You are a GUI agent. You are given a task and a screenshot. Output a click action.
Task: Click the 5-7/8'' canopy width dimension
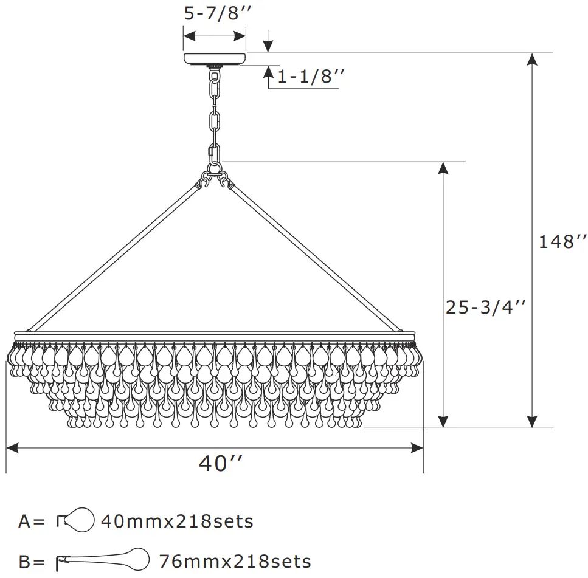[x=217, y=13]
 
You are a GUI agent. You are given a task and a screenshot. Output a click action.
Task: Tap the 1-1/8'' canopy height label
[x=311, y=77]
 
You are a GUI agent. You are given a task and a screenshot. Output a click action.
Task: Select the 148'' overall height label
[x=562, y=242]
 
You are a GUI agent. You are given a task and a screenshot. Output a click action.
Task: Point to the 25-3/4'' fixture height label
[x=485, y=308]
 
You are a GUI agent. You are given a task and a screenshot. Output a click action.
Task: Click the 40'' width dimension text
[x=221, y=463]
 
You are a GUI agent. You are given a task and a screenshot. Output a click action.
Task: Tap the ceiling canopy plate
[x=215, y=59]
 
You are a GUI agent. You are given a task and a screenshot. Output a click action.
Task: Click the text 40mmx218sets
[x=177, y=521]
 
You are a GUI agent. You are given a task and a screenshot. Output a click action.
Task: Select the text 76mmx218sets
[x=235, y=562]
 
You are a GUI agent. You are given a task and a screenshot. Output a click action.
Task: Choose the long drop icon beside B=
[x=102, y=560]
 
